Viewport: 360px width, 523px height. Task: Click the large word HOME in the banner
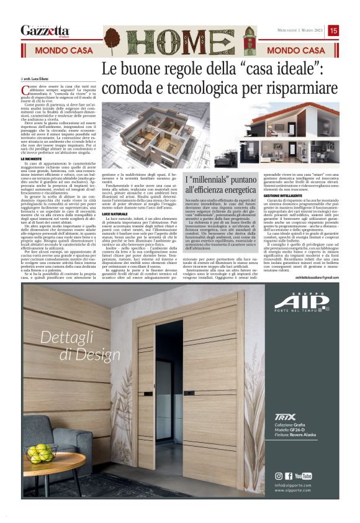click(180, 42)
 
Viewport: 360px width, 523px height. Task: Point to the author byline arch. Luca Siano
click(36, 80)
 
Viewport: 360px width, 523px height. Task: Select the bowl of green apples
click(42, 450)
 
